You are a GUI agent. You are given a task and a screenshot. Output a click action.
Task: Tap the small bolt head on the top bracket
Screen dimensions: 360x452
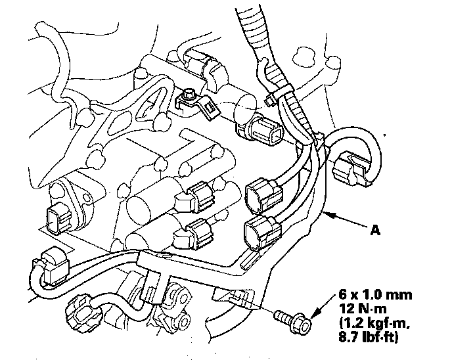(189, 95)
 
